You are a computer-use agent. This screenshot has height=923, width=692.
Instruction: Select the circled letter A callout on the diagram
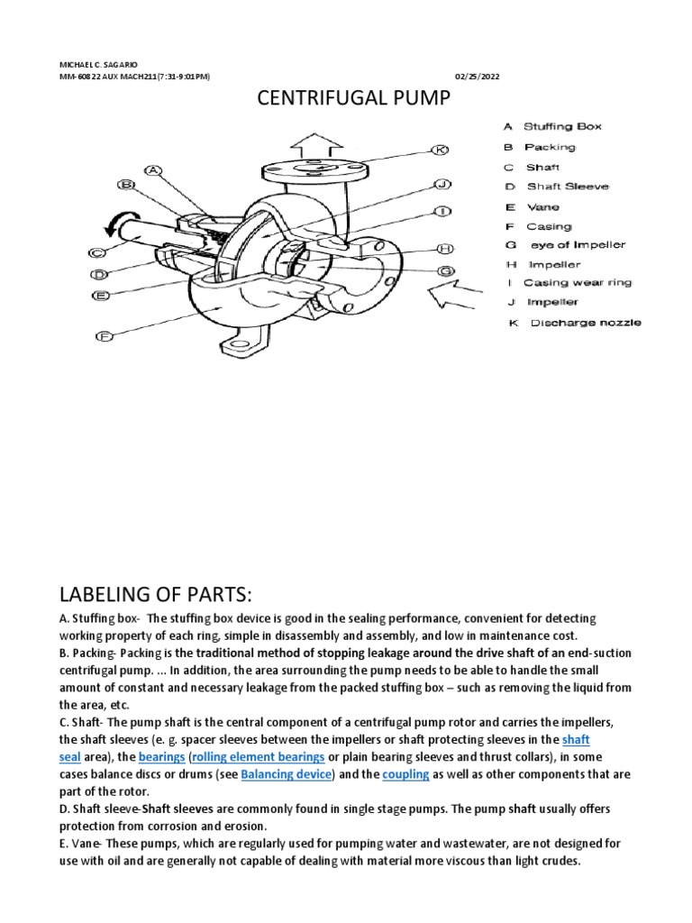[152, 169]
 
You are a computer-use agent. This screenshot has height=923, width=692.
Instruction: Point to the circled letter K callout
[440, 150]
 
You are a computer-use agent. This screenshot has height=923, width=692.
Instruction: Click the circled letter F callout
[105, 337]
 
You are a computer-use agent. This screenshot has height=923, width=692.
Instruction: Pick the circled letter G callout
[444, 270]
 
